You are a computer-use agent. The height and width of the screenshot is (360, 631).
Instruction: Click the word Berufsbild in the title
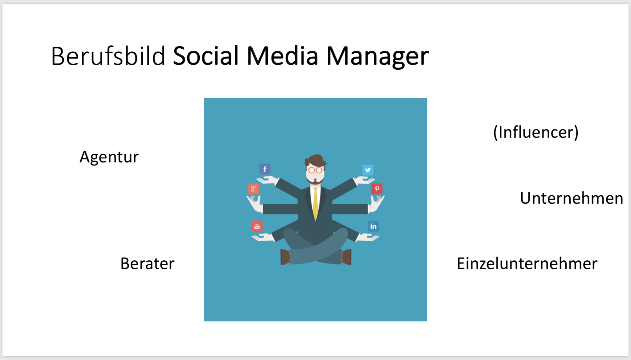[x=108, y=56]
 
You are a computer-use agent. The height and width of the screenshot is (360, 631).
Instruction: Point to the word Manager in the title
[x=377, y=57]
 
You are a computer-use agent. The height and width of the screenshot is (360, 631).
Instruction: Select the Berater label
[x=147, y=264]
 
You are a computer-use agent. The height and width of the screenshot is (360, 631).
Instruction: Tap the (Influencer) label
[x=536, y=133]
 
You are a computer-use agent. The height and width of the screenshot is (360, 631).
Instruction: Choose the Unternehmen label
[x=572, y=198]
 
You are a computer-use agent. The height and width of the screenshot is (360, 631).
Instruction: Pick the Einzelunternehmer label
[x=527, y=264]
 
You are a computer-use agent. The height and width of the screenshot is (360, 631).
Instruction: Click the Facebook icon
[x=265, y=169]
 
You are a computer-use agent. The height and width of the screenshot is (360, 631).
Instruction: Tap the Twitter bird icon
[x=368, y=170]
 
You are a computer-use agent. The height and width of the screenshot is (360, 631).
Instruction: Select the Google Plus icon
[x=254, y=189]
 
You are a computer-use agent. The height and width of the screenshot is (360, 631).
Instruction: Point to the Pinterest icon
[x=377, y=189]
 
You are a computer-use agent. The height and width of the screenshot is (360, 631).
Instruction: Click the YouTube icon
[x=257, y=226]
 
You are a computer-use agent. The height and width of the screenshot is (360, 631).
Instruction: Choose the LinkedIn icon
[x=373, y=226]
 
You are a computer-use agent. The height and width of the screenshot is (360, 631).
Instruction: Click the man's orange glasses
[x=315, y=170]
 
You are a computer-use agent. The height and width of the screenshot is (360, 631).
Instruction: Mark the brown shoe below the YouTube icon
[x=285, y=257]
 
